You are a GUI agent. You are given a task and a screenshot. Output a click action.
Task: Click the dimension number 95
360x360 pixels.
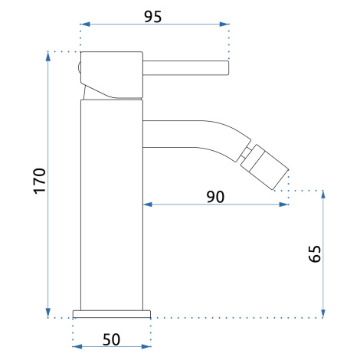[x=153, y=17]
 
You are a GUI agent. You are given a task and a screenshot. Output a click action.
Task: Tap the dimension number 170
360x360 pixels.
[x=40, y=181]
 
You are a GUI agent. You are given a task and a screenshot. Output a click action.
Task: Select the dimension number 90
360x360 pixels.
[x=215, y=197]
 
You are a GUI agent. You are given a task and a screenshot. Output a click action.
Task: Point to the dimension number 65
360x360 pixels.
[x=315, y=254]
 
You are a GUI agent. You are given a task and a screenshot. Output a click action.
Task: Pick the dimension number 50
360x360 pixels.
[x=111, y=339]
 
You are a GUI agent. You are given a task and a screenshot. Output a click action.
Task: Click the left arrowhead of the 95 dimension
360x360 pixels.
[x=85, y=25]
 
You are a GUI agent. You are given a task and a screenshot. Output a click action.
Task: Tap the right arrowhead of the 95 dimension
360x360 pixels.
[x=224, y=25]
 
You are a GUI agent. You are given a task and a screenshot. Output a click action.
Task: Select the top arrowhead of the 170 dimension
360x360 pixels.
[x=48, y=57]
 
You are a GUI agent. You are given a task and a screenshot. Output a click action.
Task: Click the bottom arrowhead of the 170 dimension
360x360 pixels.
[x=48, y=313]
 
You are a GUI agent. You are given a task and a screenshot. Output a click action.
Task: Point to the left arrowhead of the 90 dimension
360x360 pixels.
[x=148, y=205]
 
